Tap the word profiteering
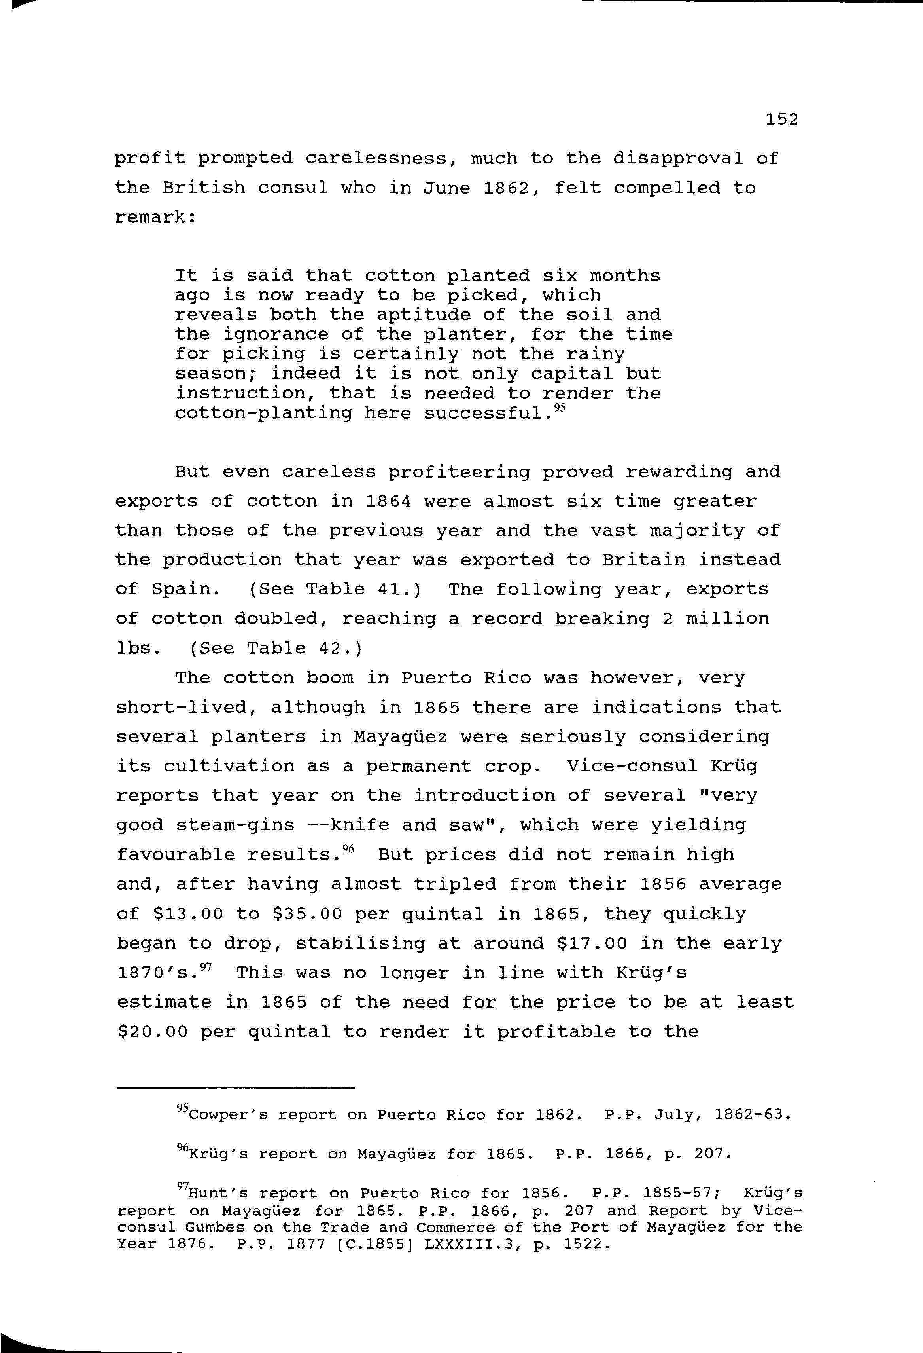coord(459,472)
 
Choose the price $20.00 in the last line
coord(152,1032)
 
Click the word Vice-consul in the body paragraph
coord(632,766)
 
